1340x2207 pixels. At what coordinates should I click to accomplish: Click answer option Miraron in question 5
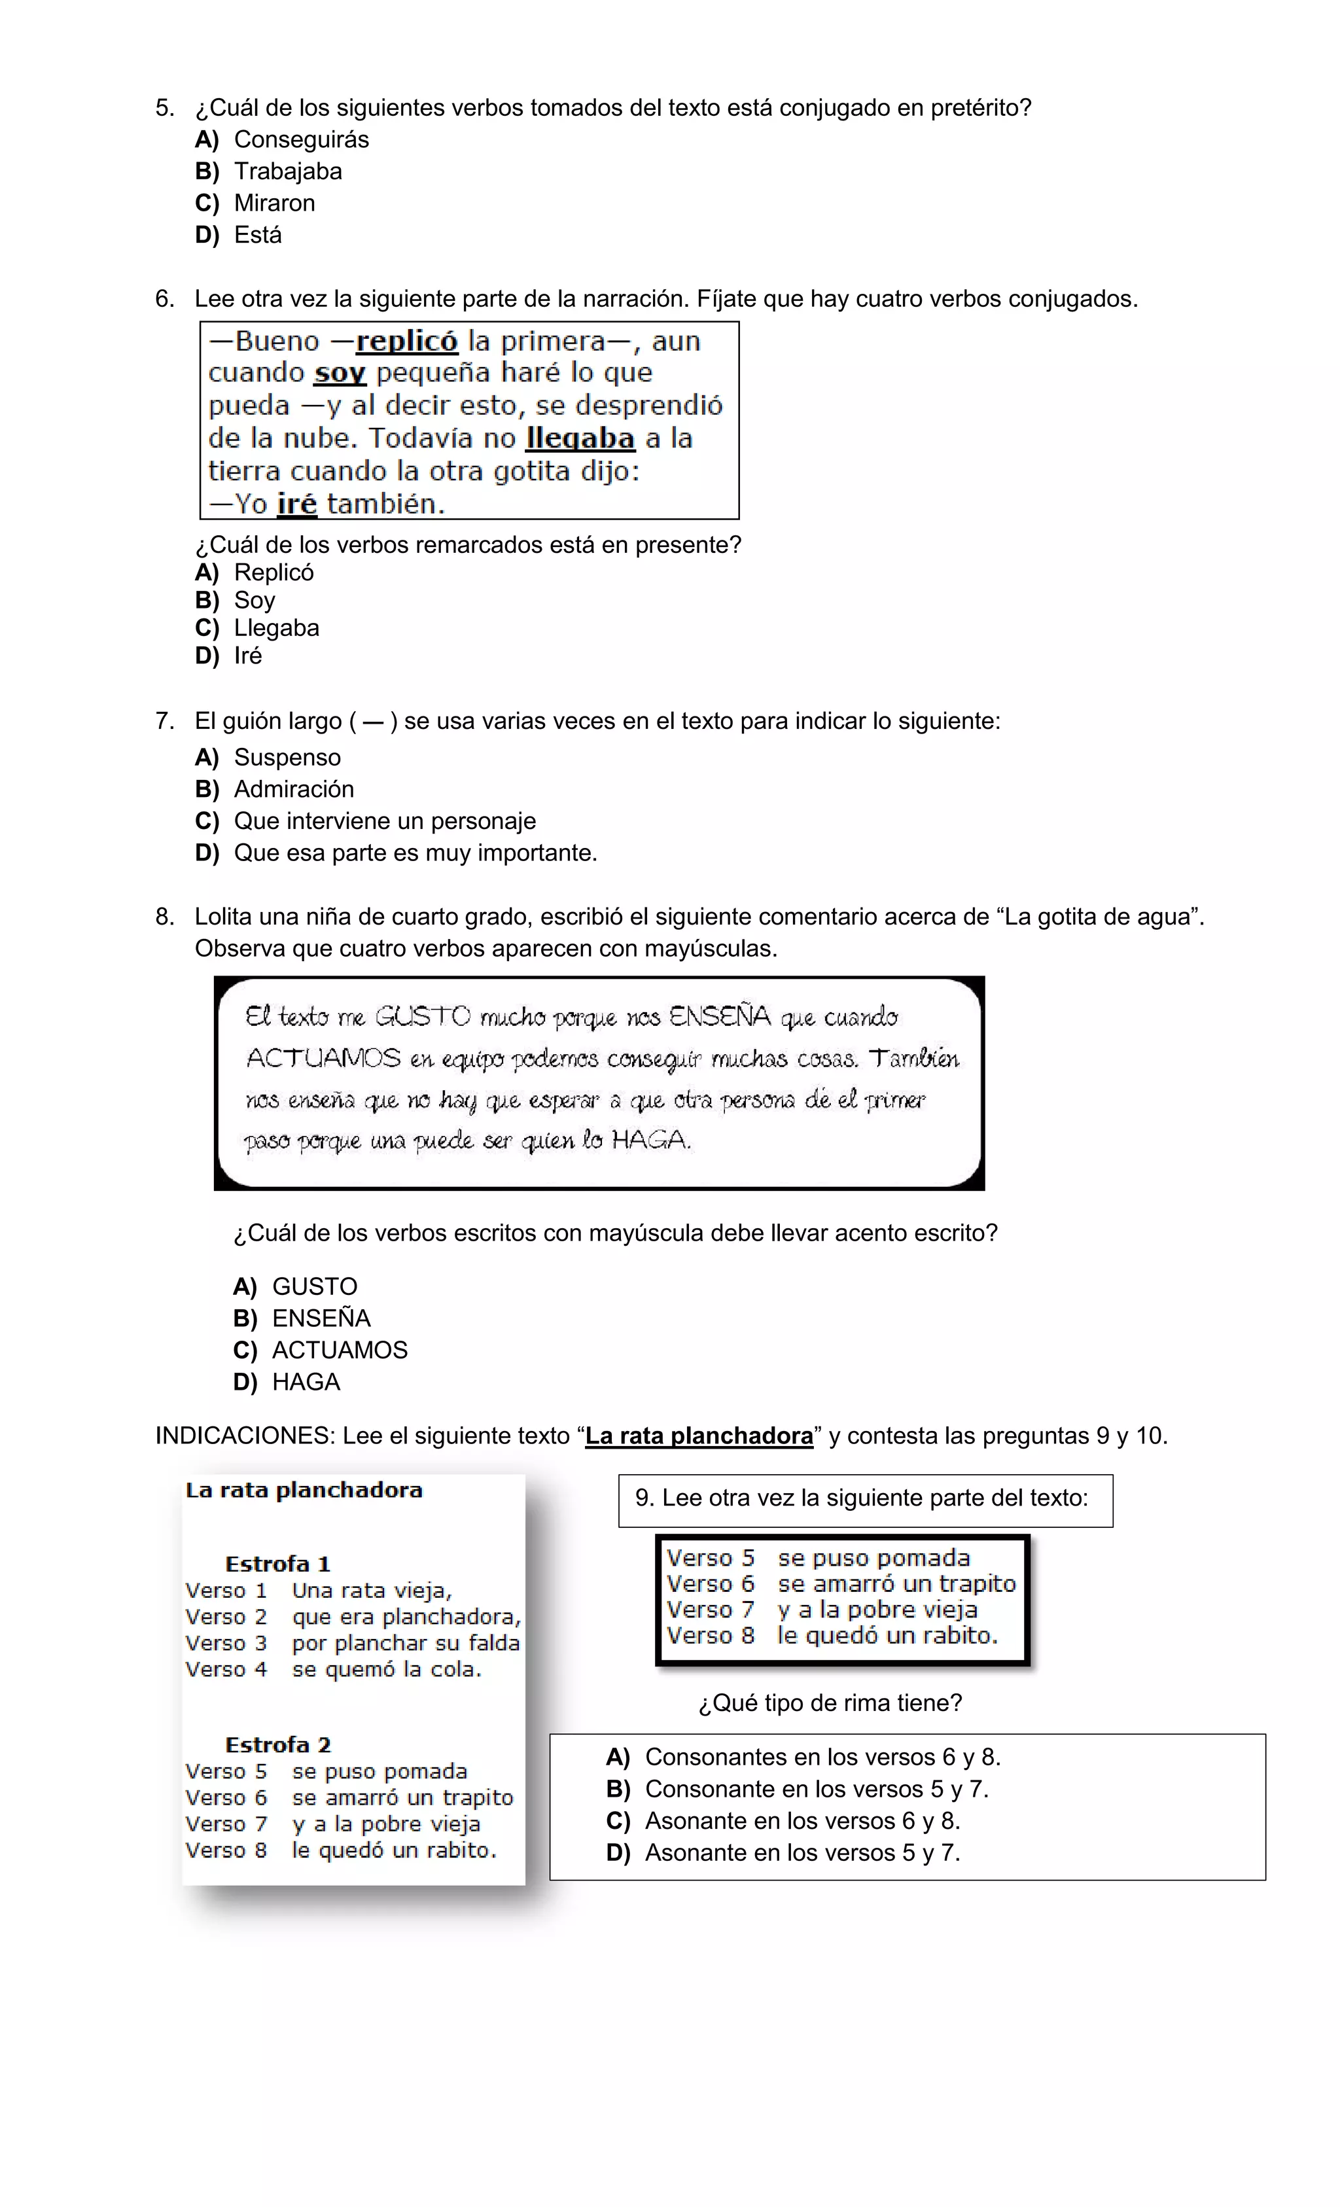[x=273, y=203]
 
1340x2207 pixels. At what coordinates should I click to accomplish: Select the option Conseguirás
[x=300, y=140]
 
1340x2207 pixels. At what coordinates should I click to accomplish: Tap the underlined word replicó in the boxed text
[x=407, y=342]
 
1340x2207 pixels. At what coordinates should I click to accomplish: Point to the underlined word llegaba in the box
[x=580, y=439]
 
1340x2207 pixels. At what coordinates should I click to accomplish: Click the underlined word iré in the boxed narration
[x=296, y=504]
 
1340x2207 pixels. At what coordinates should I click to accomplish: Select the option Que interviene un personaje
[x=384, y=821]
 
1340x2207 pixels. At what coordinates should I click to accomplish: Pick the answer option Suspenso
[x=287, y=758]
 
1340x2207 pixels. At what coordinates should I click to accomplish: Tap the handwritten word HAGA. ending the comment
[x=651, y=1140]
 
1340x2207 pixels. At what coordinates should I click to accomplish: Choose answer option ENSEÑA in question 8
[x=321, y=1318]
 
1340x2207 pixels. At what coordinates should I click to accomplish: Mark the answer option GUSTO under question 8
[x=315, y=1287]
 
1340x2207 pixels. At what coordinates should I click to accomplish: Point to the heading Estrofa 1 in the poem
[x=277, y=1564]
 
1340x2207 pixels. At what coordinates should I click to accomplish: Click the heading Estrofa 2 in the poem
[x=277, y=1746]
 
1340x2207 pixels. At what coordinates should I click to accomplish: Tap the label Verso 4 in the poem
[x=226, y=1670]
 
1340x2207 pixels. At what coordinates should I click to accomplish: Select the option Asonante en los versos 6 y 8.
[x=802, y=1822]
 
